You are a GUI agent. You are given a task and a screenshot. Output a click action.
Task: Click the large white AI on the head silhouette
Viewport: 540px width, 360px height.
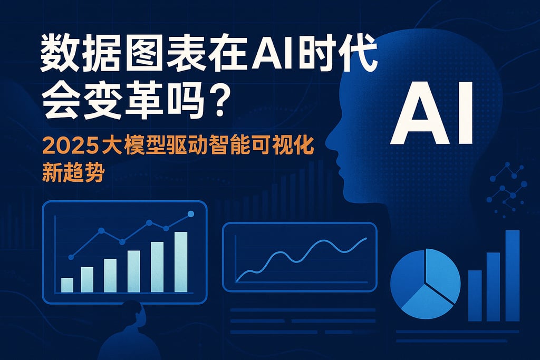pyautogui.click(x=431, y=112)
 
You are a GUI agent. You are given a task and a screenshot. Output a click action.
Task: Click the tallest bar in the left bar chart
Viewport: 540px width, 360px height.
pyautogui.click(x=181, y=261)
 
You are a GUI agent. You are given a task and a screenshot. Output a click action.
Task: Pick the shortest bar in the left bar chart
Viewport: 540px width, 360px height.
pyautogui.click(x=67, y=285)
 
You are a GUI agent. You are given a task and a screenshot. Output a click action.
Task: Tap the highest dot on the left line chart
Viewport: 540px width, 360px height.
pyautogui.click(x=191, y=213)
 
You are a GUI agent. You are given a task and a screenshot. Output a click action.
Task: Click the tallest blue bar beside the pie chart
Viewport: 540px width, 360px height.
pyautogui.click(x=513, y=275)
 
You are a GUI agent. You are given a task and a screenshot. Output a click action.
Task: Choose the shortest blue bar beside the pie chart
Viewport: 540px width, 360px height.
pyautogui.click(x=475, y=295)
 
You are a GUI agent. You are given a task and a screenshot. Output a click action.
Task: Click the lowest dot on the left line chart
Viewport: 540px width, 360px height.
pyautogui.click(x=71, y=257)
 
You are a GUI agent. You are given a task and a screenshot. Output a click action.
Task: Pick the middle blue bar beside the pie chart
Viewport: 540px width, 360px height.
pyautogui.click(x=493, y=286)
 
